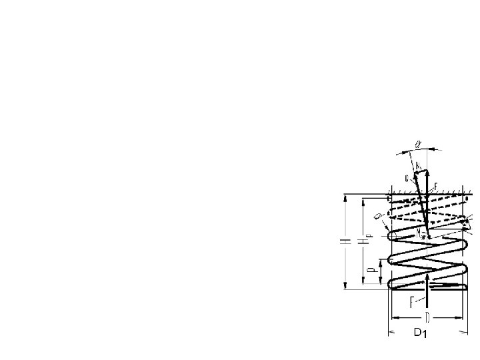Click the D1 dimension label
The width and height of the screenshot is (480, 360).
418,333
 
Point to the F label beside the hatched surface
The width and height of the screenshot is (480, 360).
435,186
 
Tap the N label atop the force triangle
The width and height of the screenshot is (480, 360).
417,164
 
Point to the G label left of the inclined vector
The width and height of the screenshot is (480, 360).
406,178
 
